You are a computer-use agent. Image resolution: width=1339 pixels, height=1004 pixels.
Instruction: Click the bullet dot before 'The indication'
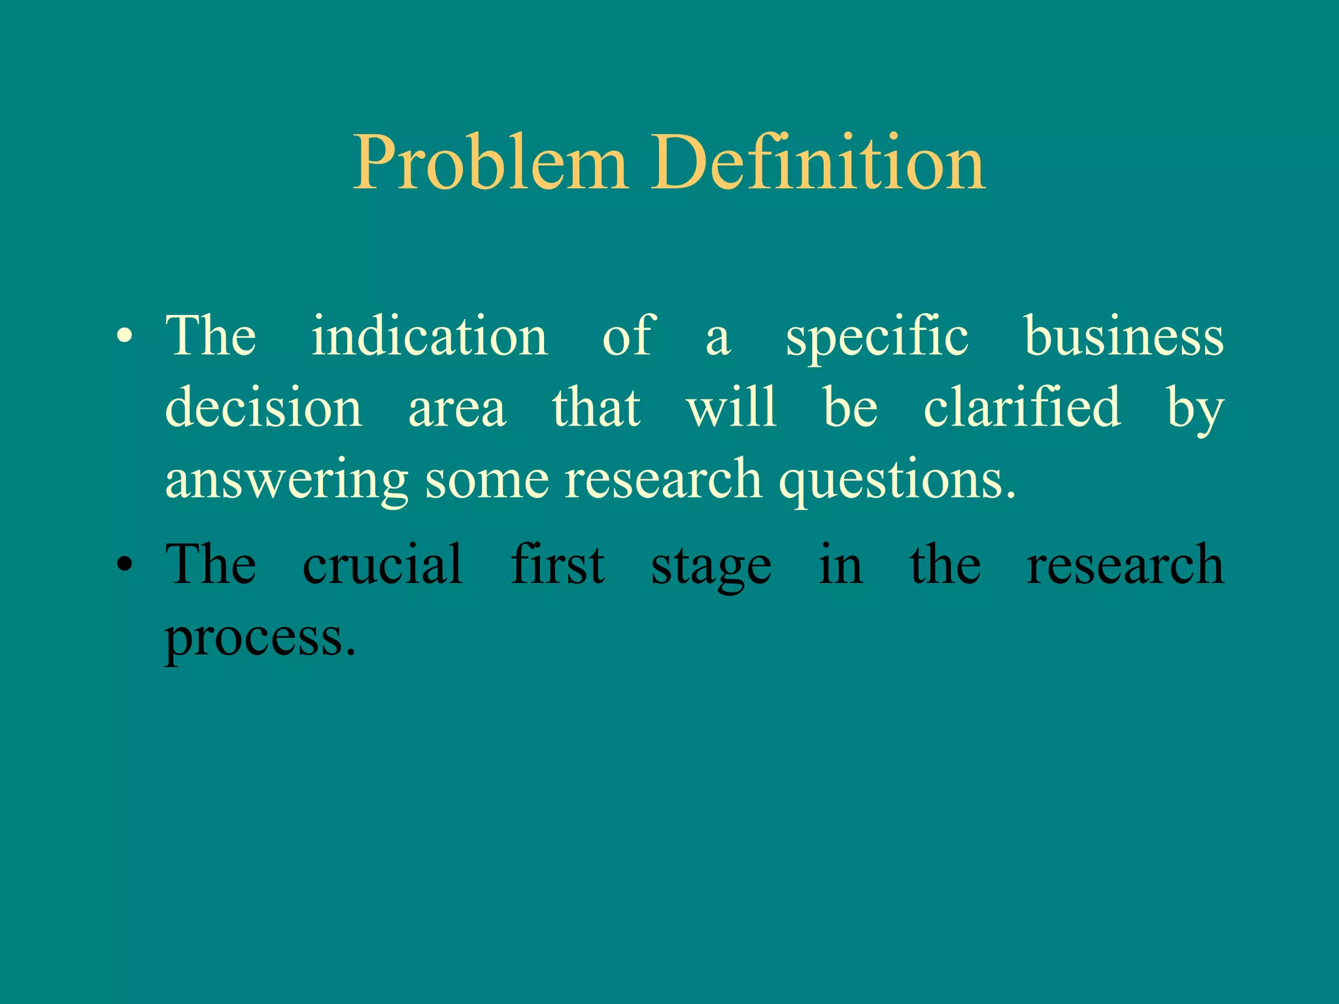click(x=124, y=337)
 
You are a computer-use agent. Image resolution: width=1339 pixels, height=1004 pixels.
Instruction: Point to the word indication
click(x=429, y=336)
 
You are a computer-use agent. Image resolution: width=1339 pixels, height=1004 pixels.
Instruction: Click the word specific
click(x=877, y=337)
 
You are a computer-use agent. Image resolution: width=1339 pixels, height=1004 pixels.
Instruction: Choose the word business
click(x=1123, y=336)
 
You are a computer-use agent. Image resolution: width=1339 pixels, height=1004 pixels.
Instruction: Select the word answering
click(x=286, y=480)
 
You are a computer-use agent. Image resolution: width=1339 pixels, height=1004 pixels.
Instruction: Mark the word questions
click(x=896, y=480)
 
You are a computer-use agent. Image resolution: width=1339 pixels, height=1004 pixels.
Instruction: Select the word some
click(x=486, y=480)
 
